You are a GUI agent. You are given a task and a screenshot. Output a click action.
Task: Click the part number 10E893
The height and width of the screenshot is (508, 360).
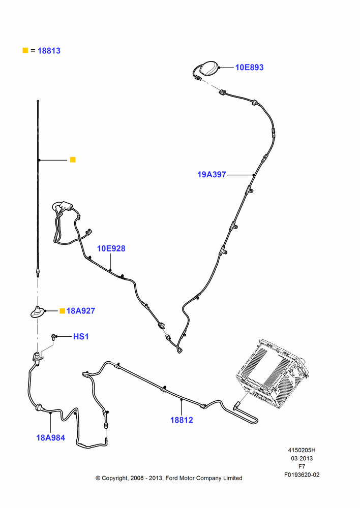pyautogui.click(x=249, y=68)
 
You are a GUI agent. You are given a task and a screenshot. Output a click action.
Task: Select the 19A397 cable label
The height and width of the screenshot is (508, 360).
pyautogui.click(x=212, y=175)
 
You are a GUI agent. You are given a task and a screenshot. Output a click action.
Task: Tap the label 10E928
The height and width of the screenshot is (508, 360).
pyautogui.click(x=111, y=248)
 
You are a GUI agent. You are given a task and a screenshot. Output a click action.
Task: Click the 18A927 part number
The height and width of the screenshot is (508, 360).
pyautogui.click(x=81, y=311)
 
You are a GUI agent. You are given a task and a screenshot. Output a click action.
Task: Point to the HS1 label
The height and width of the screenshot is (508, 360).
pyautogui.click(x=81, y=337)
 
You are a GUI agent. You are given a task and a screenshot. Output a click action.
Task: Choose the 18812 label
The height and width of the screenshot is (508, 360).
pyautogui.click(x=182, y=420)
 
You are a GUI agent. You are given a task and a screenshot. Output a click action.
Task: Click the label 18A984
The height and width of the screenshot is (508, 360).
pyautogui.click(x=51, y=438)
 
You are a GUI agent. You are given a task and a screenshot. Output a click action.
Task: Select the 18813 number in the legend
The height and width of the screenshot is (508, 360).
pyautogui.click(x=49, y=51)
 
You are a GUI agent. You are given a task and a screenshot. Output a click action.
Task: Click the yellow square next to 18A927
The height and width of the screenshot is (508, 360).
pyautogui.click(x=62, y=311)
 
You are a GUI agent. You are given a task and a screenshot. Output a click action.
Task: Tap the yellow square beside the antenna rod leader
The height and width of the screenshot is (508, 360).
pyautogui.click(x=73, y=160)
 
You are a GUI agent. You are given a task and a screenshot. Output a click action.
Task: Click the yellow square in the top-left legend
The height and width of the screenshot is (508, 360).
pyautogui.click(x=25, y=50)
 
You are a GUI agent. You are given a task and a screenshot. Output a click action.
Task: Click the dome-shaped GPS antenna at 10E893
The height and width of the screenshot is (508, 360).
pyautogui.click(x=209, y=68)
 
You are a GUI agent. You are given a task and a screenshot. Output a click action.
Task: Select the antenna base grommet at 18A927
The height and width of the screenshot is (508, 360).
pyautogui.click(x=38, y=312)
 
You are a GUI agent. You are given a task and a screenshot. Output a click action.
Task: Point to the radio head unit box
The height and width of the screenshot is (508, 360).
pyautogui.click(x=273, y=374)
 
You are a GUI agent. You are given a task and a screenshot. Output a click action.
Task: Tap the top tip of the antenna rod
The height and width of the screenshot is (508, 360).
pyautogui.click(x=38, y=101)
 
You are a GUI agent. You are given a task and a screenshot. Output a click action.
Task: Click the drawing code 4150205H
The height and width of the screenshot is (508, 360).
pyautogui.click(x=302, y=450)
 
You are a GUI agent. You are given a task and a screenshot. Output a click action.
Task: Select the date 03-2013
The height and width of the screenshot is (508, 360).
pyautogui.click(x=302, y=458)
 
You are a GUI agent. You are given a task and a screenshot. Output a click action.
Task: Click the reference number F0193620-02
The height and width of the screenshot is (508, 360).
pyautogui.click(x=302, y=475)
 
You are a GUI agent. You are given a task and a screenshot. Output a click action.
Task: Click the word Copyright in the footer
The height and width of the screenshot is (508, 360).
pyautogui.click(x=115, y=478)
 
